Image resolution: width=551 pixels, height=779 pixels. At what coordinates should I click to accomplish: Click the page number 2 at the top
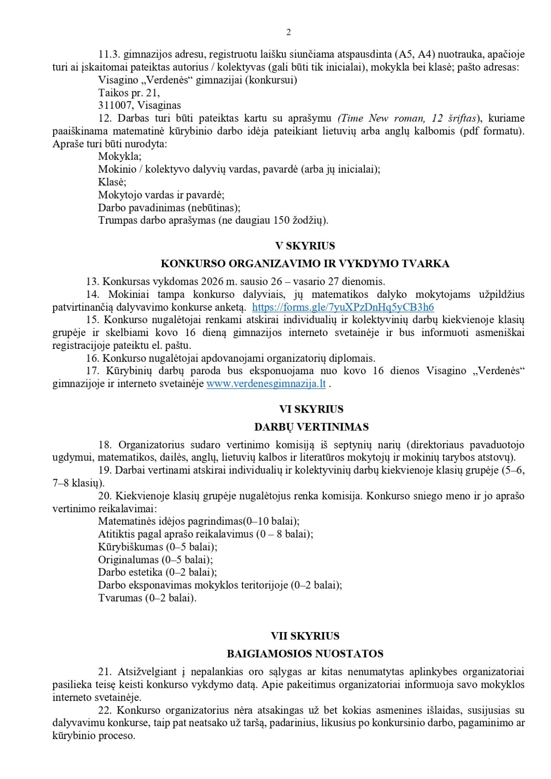coord(288,32)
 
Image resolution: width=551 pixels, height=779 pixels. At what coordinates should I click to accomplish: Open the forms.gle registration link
coord(343,307)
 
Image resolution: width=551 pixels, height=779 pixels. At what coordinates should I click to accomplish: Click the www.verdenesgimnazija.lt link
coord(266,384)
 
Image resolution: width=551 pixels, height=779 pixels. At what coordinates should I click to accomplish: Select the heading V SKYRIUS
coord(305,246)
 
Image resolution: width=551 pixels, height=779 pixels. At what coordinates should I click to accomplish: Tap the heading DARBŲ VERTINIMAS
coord(311,427)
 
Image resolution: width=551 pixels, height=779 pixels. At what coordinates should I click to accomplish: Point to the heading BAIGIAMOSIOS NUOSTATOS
coord(305,654)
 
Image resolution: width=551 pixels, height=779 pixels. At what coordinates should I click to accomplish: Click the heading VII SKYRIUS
coord(305,636)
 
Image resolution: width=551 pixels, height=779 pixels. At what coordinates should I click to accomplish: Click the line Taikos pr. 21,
coord(129,93)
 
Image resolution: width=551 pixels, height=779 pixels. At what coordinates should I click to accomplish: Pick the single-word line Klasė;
coord(112,182)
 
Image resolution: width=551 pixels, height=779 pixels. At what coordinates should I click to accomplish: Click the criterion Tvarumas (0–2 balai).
coord(147,598)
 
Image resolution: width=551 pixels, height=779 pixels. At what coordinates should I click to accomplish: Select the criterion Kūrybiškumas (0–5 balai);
coord(157,547)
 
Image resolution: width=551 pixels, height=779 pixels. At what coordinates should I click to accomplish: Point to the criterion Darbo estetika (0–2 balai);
coord(157,572)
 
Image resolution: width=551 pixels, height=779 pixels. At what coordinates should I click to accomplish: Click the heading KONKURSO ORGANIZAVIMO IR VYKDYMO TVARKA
coord(305,264)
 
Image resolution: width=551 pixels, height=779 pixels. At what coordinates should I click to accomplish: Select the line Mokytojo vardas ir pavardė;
coord(161,195)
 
